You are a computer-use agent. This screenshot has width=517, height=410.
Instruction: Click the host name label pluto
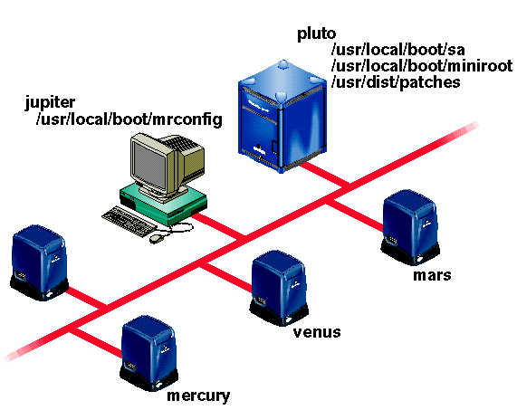coord(316,34)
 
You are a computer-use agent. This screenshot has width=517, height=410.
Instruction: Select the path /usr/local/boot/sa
coord(398,50)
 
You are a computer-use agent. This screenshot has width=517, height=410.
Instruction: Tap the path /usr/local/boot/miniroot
coord(422,65)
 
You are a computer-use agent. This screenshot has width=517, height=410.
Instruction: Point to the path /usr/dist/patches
coord(396,82)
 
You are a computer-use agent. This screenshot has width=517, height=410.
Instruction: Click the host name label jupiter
coord(50,103)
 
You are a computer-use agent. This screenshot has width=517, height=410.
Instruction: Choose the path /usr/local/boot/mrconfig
coord(129,120)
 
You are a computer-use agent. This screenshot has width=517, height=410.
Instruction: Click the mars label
coord(432,275)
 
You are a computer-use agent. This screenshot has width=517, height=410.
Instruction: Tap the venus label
coord(317,332)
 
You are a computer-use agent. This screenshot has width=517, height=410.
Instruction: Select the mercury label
coord(198,396)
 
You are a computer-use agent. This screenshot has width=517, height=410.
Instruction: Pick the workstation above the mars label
coord(410,227)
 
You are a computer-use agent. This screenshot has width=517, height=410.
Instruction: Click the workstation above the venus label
coord(279,288)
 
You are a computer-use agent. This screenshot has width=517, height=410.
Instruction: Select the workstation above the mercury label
coord(149,353)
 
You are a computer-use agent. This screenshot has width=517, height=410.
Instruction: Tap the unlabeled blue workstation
coord(39,262)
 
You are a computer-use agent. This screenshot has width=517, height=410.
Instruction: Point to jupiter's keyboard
coord(129,222)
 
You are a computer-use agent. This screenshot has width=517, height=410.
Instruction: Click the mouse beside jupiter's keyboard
coord(157,238)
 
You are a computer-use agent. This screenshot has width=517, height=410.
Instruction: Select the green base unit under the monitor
coord(164,205)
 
